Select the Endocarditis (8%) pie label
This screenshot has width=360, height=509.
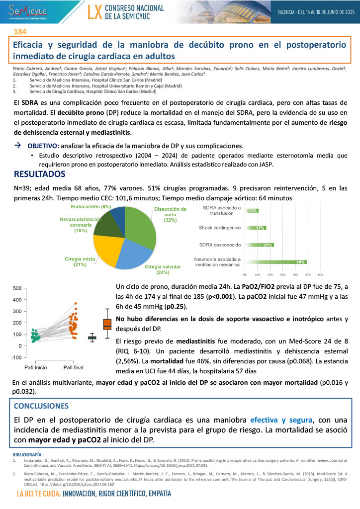(90, 206)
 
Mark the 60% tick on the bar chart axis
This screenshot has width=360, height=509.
(320, 274)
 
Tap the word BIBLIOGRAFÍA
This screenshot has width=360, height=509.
(27, 454)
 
